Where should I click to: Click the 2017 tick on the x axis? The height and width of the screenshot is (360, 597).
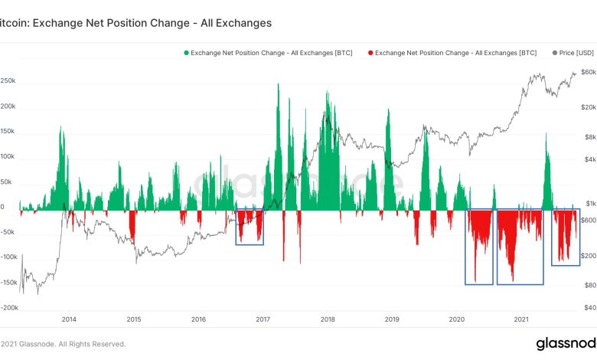pos(263,319)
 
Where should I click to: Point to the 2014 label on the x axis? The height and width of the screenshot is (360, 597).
pos(69,319)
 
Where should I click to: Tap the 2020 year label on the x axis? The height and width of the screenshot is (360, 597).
pos(457,319)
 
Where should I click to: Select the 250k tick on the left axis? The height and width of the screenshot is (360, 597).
pos(8,80)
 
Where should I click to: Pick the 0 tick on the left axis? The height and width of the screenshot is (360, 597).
pos(2,207)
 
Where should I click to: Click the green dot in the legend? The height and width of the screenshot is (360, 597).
pos(185,52)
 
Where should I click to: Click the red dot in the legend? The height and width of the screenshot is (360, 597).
pos(371,52)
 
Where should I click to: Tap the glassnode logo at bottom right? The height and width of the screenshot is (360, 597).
pos(566,342)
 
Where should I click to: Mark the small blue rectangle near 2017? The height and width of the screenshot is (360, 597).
pos(250,226)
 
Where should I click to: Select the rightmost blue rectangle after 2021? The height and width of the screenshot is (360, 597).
pos(566,237)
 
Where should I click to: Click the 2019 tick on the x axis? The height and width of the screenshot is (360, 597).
pos(392,319)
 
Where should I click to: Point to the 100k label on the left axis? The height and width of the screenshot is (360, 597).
pos(8,156)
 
